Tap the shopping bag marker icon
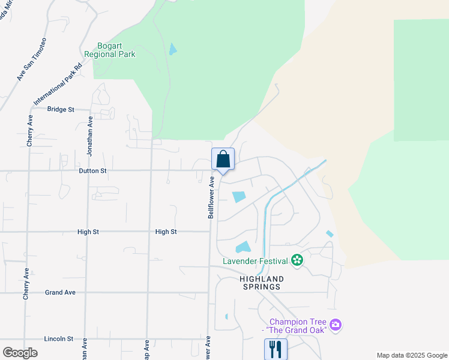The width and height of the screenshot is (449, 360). pyautogui.click(x=223, y=160)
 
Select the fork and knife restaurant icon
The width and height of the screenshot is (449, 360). pyautogui.click(x=276, y=348)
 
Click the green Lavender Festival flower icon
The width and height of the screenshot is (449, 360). pyautogui.click(x=297, y=260)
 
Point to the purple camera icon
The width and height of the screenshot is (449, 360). pyautogui.click(x=336, y=325)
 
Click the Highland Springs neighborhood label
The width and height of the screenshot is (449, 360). pyautogui.click(x=261, y=283)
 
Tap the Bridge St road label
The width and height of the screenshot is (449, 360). pyautogui.click(x=60, y=110)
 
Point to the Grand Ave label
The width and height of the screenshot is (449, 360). pyautogui.click(x=60, y=293)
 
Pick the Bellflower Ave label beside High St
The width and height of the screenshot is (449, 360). pyautogui.click(x=211, y=197)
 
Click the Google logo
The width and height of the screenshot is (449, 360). pyautogui.click(x=20, y=353)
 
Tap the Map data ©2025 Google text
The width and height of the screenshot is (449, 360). pyautogui.click(x=411, y=355)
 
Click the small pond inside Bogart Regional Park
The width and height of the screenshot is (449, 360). pyautogui.click(x=173, y=49)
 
